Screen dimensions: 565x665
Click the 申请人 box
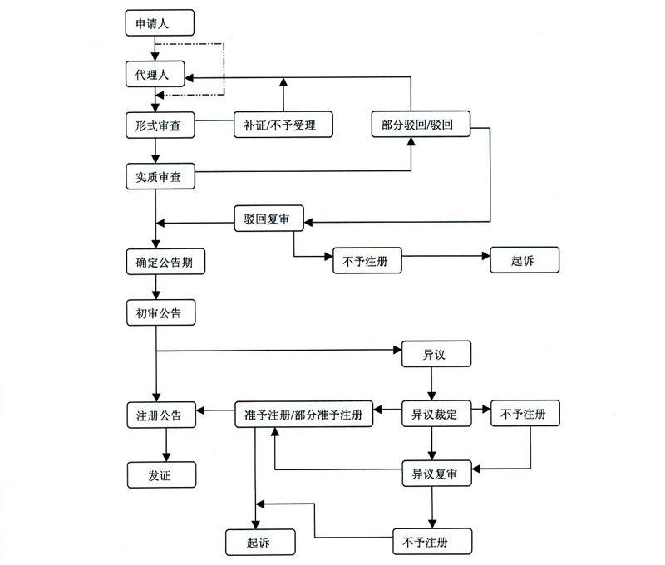tap(160, 23)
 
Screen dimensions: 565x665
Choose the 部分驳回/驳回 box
tap(421, 125)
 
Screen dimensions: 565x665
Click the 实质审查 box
tap(160, 176)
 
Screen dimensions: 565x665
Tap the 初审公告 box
tap(160, 313)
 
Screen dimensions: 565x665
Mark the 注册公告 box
tap(160, 414)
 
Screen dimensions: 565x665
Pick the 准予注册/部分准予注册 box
tap(303, 414)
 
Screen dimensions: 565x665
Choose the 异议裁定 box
tap(436, 414)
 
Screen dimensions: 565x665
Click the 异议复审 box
tap(436, 475)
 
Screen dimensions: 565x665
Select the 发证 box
tap(160, 475)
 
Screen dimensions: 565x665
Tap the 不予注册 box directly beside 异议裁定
tap(525, 414)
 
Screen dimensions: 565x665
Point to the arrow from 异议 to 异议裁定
tap(431, 384)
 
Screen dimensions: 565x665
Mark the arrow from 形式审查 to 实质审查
tap(156, 150)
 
